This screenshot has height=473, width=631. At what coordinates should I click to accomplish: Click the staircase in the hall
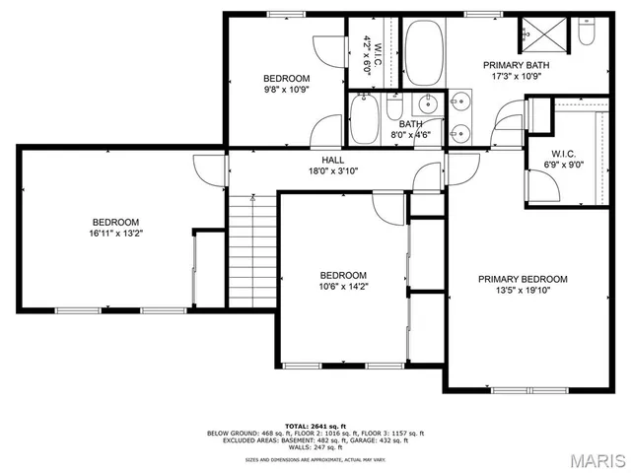[251, 250]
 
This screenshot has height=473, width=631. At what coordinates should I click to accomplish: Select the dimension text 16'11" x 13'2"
[116, 235]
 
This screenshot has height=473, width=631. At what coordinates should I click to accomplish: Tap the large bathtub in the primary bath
[426, 53]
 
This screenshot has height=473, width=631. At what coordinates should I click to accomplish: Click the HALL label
[332, 160]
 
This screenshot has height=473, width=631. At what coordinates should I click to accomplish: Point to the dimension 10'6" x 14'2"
[343, 288]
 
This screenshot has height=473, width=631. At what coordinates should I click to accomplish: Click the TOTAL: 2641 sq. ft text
[315, 425]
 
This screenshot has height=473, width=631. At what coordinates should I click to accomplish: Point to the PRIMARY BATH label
[516, 65]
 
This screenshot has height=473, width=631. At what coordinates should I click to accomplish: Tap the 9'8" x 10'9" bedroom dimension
[286, 91]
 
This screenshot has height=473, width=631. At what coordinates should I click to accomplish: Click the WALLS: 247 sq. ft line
[315, 446]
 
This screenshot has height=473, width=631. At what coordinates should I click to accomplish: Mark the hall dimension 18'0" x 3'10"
[332, 170]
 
